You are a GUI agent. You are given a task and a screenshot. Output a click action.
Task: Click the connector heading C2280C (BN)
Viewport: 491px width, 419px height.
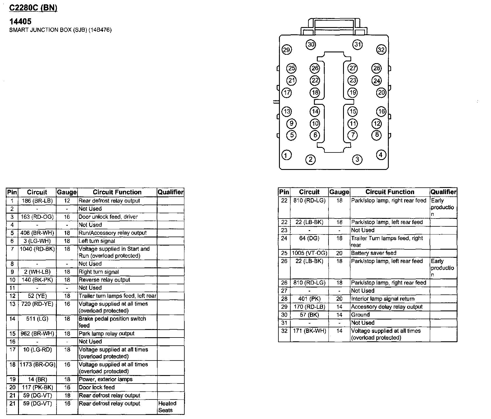click(x=33, y=8)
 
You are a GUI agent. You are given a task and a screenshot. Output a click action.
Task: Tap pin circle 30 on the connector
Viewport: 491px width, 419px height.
click(x=311, y=45)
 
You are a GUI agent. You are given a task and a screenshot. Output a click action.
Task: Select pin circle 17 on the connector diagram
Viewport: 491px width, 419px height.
click(x=287, y=93)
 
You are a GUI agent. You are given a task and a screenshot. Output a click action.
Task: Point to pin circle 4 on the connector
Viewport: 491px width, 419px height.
click(x=381, y=155)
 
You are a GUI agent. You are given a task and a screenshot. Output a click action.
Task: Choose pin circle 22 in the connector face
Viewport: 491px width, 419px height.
click(x=315, y=80)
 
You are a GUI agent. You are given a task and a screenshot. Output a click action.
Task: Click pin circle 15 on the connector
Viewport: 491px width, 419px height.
click(x=353, y=111)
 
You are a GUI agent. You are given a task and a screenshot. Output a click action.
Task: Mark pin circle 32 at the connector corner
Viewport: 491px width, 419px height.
click(x=381, y=50)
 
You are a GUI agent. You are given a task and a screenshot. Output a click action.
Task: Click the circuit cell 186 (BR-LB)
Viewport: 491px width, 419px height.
click(x=37, y=201)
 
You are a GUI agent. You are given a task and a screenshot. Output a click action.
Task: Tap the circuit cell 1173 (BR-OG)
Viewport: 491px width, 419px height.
click(x=37, y=365)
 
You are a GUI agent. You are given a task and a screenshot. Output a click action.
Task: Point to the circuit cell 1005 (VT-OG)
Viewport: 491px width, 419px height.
click(x=310, y=253)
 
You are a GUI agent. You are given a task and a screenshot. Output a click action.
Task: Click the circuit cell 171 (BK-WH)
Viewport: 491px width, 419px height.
click(x=310, y=331)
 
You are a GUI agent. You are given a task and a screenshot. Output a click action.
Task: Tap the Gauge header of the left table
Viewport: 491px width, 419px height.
click(x=67, y=192)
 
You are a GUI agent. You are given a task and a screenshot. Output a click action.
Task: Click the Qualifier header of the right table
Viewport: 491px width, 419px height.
click(x=444, y=192)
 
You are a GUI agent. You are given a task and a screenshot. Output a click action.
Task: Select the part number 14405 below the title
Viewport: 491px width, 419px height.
click(x=20, y=21)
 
